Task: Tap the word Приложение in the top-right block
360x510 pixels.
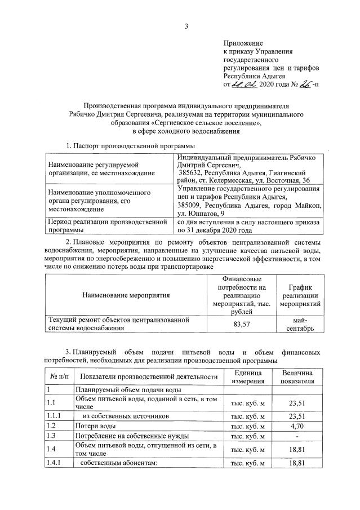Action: (243, 43)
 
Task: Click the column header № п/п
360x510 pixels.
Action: (57, 376)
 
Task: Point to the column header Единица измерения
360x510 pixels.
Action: (246, 376)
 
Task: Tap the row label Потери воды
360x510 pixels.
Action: (96, 425)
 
